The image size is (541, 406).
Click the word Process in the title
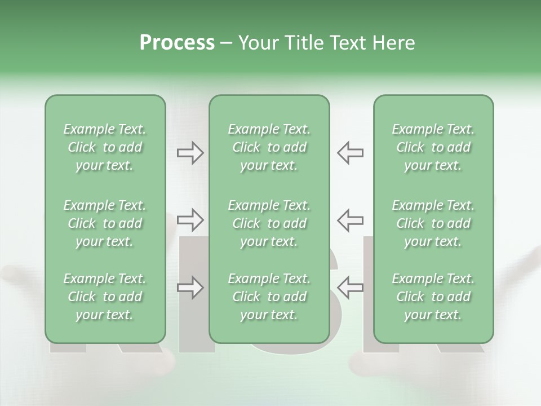[x=177, y=43]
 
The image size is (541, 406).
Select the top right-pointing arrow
[x=190, y=153]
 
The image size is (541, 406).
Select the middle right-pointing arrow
[x=190, y=219]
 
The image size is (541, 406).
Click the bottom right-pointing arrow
[x=190, y=288]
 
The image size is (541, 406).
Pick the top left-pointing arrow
[x=350, y=153]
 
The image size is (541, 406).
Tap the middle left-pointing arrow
[x=350, y=219]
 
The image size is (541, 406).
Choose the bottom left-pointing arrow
[x=350, y=288]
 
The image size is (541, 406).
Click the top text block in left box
[x=105, y=147]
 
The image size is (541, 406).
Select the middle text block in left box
[x=105, y=223]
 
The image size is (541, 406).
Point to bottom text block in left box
[x=105, y=297]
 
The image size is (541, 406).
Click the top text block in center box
[x=269, y=147]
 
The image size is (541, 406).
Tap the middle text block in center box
[x=269, y=223]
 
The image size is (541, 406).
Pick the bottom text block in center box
[x=269, y=297]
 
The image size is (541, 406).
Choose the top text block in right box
[x=433, y=147]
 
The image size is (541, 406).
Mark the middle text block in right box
[x=433, y=223]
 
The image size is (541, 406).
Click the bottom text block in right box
[x=433, y=297]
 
